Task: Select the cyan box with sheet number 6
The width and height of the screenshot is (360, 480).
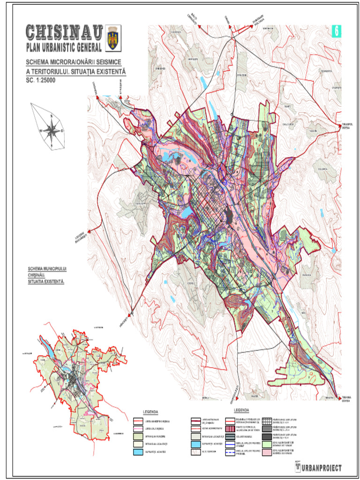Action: (x=336, y=31)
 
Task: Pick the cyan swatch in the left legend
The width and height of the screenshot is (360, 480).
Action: (x=138, y=452)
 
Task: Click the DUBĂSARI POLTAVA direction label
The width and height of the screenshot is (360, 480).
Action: (x=258, y=20)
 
